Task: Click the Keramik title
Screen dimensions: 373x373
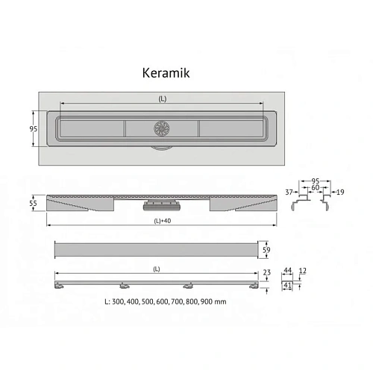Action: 166,73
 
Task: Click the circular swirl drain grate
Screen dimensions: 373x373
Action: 161,128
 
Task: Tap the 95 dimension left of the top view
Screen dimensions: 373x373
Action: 34,129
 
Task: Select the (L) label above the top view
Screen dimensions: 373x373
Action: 163,98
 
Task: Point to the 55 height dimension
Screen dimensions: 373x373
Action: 33,203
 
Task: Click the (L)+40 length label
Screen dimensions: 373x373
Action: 163,221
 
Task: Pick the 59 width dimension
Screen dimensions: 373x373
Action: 266,250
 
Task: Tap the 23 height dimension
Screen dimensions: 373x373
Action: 267,272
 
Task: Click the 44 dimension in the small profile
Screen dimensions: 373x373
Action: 287,270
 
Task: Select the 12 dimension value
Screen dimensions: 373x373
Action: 302,271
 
